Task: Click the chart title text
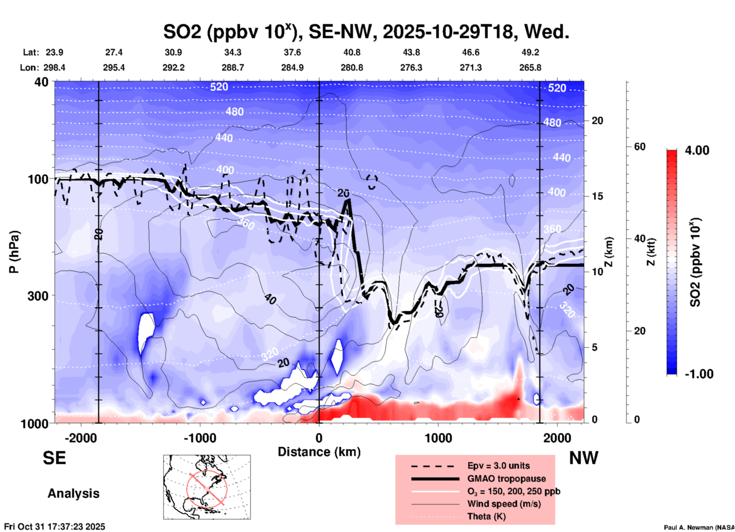(x=366, y=32)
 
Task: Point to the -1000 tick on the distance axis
(x=200, y=438)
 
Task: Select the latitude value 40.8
(x=351, y=52)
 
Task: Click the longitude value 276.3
(x=411, y=68)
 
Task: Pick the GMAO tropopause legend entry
(x=506, y=479)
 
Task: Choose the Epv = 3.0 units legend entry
(x=498, y=466)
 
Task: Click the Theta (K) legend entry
(x=486, y=516)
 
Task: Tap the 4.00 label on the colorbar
(x=697, y=150)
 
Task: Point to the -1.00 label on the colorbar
(x=699, y=374)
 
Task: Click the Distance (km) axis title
(x=319, y=452)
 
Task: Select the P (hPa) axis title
(x=14, y=252)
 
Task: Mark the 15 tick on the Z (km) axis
(x=597, y=196)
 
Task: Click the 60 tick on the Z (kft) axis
(x=640, y=147)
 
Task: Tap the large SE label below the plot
(x=55, y=458)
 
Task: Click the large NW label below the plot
(x=583, y=458)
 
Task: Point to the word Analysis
(x=73, y=493)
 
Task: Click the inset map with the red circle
(x=207, y=487)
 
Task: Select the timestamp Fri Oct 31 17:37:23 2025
(x=55, y=527)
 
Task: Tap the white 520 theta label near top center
(x=219, y=87)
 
